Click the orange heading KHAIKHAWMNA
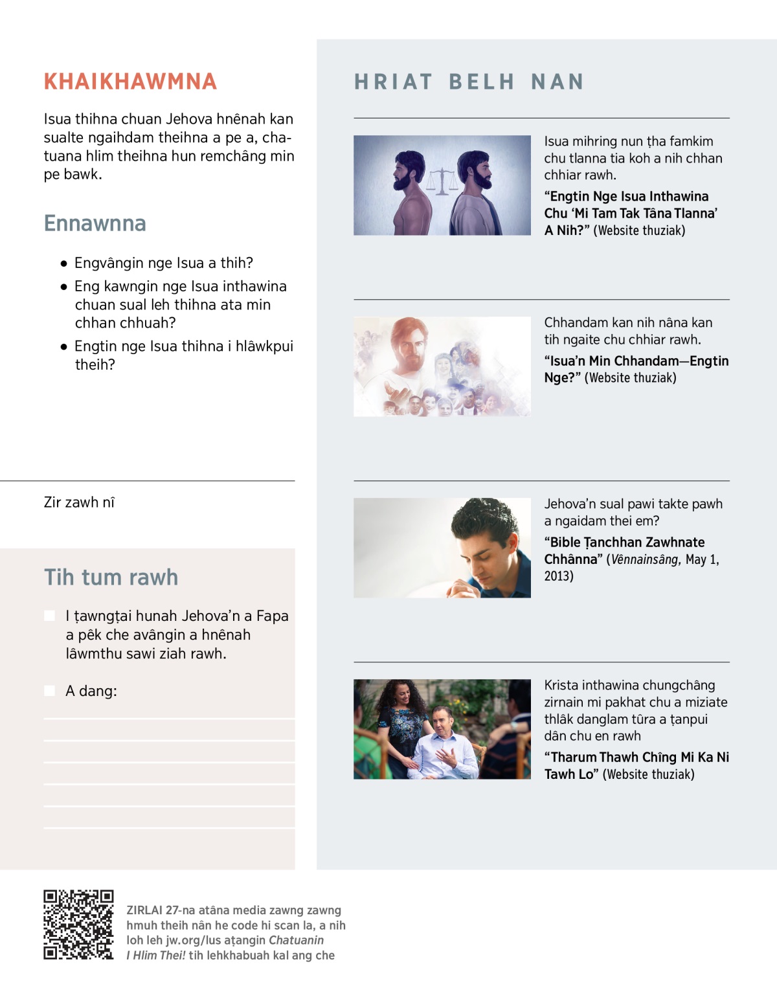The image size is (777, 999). point(130,82)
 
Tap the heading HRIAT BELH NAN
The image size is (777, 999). point(469,82)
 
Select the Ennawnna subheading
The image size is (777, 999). point(95,223)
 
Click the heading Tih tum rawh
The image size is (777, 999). point(111,577)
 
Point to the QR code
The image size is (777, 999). point(78,925)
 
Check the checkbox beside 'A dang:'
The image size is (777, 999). point(49,691)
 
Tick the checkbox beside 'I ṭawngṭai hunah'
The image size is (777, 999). point(49,616)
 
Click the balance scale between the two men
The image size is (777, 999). point(441,180)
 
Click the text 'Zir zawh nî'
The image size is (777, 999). point(79,502)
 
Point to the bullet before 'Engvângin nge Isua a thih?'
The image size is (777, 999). point(63,264)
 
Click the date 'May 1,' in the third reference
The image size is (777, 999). point(702,559)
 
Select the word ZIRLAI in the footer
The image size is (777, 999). point(144,910)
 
